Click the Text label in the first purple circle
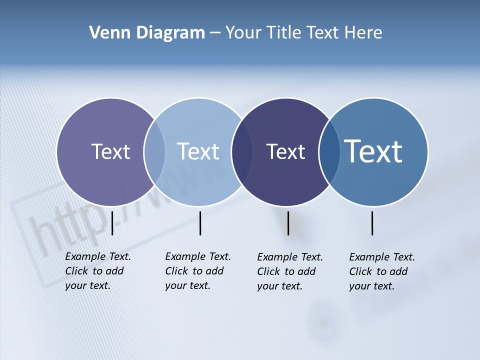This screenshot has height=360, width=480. pos(110,151)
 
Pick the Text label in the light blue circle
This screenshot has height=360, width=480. pos(198,151)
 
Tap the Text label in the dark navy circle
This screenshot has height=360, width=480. pos(285,151)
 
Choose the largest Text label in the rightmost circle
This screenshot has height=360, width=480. pos(373,151)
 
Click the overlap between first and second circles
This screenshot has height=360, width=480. pos(154,152)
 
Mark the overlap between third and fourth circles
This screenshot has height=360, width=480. pos(329,152)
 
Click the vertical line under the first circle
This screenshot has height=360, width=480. pos(112,223)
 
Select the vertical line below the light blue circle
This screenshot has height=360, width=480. pos(200,223)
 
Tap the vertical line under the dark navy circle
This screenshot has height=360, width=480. pos(288,223)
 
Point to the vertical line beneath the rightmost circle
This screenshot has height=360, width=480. pos(372,223)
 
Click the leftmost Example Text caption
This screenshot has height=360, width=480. pos(97,271)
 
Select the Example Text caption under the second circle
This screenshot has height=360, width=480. pos(197,271)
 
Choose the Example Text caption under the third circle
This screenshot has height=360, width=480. pos(289,271)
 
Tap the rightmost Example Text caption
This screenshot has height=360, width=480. pos(381,271)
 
